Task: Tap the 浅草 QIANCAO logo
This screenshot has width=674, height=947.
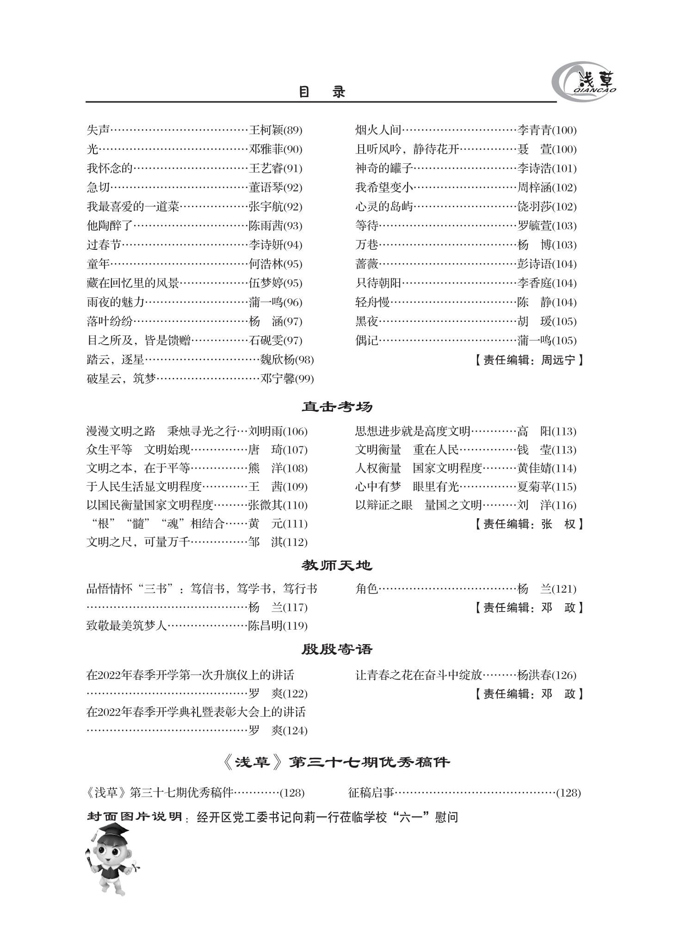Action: pyautogui.click(x=584, y=81)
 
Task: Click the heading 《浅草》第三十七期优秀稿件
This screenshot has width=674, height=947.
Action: pyautogui.click(x=336, y=762)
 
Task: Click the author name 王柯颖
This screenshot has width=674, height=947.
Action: pyautogui.click(x=266, y=130)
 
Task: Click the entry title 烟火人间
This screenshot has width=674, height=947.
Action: pyautogui.click(x=378, y=130)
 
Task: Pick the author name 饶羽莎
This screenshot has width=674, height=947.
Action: pyautogui.click(x=534, y=207)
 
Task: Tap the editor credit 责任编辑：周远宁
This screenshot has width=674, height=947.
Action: pyautogui.click(x=528, y=360)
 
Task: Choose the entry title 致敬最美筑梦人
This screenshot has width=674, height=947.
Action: pyautogui.click(x=127, y=626)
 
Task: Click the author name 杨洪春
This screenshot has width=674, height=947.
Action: pyautogui.click(x=534, y=675)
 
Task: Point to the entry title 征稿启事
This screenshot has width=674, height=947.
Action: pyautogui.click(x=371, y=792)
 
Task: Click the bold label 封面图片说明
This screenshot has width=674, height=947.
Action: pyautogui.click(x=135, y=817)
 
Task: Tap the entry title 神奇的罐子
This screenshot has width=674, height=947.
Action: pyautogui.click(x=384, y=168)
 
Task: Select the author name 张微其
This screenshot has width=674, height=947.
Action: pyautogui.click(x=265, y=505)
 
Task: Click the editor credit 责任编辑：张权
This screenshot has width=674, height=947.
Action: pyautogui.click(x=528, y=524)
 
